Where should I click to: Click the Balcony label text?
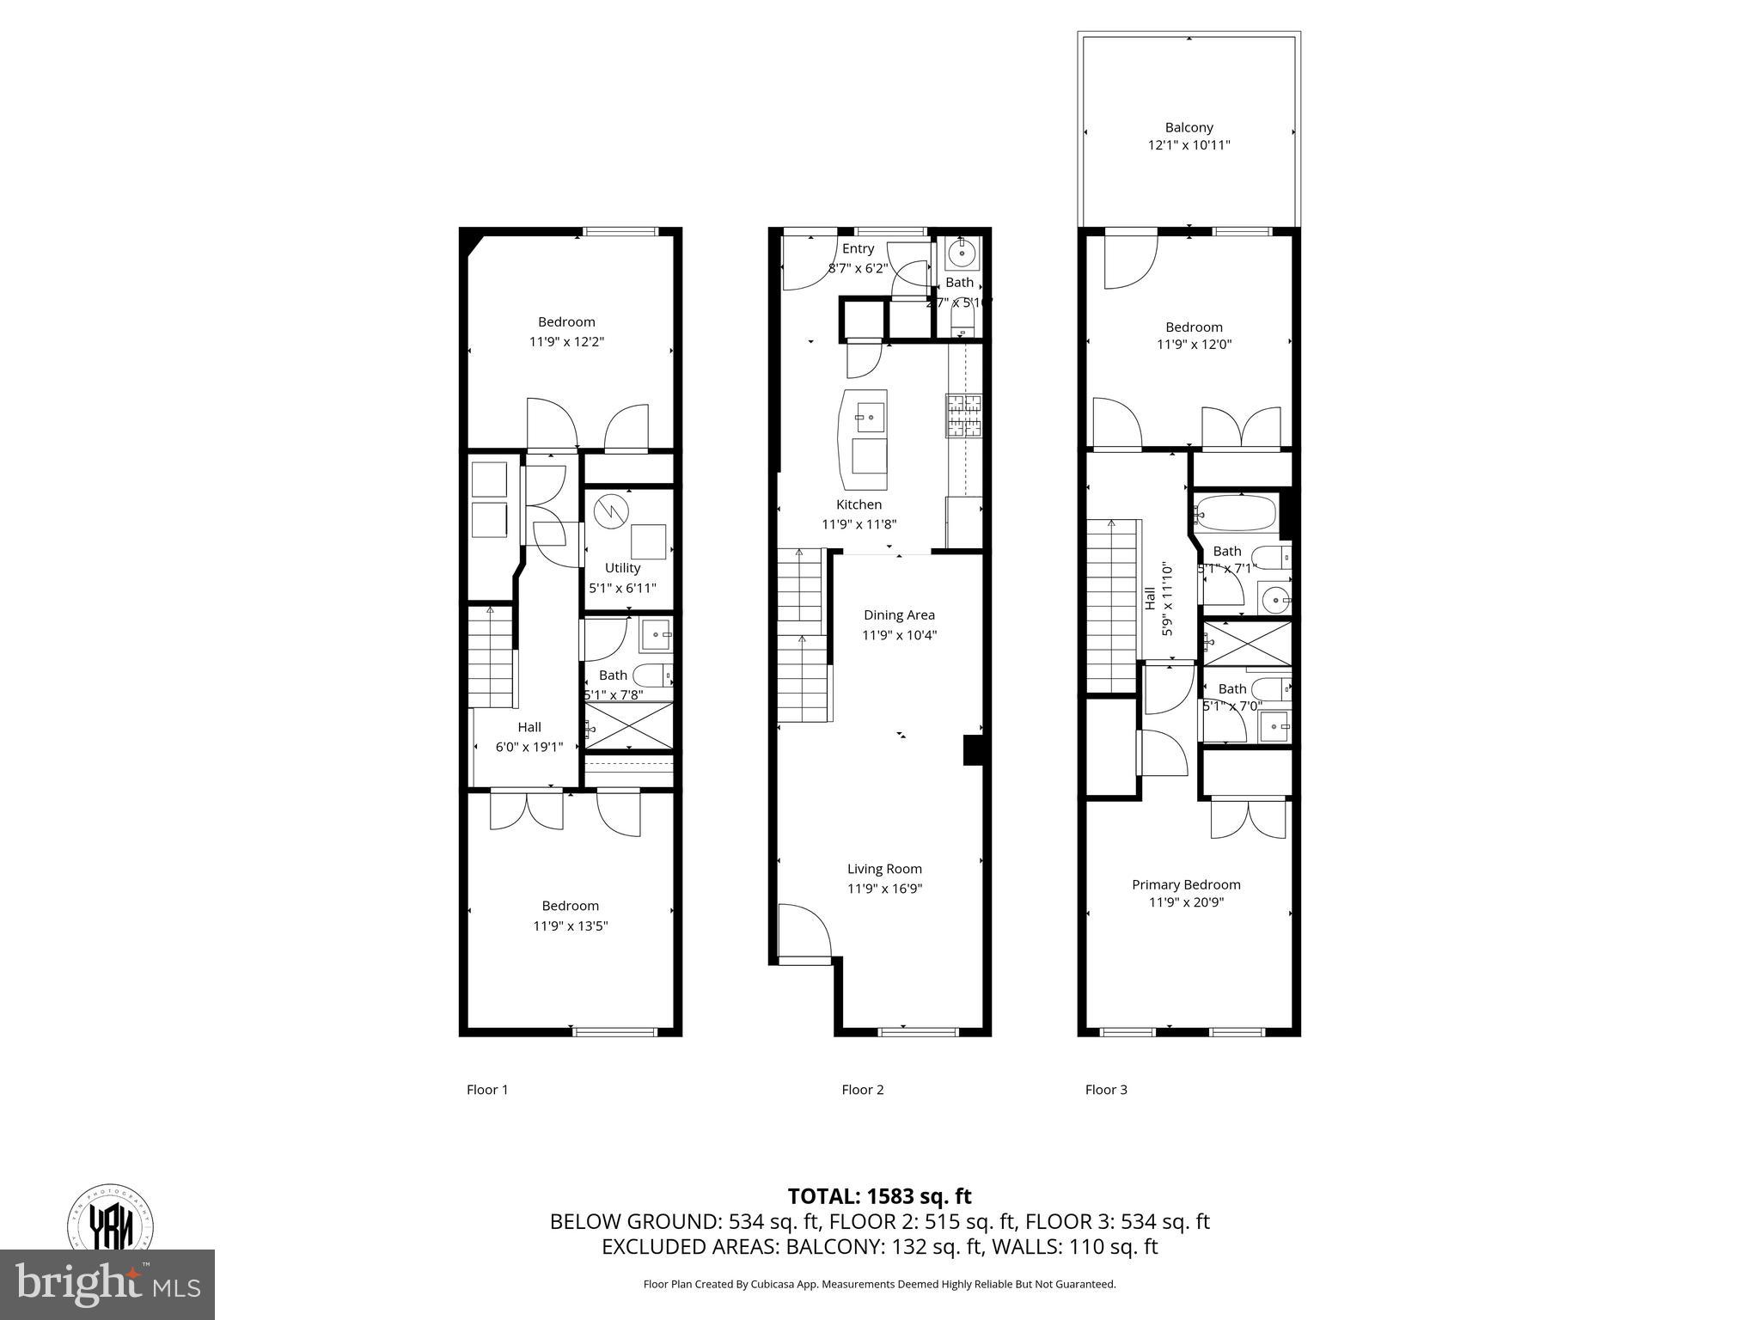[x=1189, y=127]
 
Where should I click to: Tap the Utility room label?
[x=622, y=568]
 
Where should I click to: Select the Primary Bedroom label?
[x=1186, y=884]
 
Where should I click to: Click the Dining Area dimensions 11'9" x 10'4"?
[x=899, y=635]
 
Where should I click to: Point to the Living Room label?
[x=884, y=869]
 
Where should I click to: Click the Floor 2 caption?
[x=862, y=1090]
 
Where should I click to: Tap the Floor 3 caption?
[x=1105, y=1090]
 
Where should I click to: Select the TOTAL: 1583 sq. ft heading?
[x=879, y=1196]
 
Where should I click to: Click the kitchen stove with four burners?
[x=963, y=415]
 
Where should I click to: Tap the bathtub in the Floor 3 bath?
[x=1235, y=513]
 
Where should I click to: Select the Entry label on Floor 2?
[x=858, y=248]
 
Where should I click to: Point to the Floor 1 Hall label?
[x=529, y=727]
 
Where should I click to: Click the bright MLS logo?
[x=107, y=1285]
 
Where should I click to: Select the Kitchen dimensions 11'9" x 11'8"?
[x=859, y=524]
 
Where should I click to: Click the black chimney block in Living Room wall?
[x=972, y=749]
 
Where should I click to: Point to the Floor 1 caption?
[x=487, y=1090]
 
